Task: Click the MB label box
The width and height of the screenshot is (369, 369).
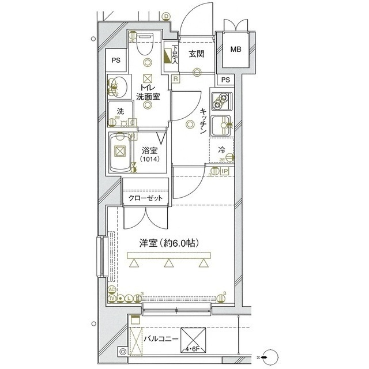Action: tap(235, 50)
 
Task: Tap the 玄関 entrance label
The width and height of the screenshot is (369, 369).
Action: tap(197, 54)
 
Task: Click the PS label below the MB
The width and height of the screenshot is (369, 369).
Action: tap(225, 80)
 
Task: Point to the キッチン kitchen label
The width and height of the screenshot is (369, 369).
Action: tap(203, 122)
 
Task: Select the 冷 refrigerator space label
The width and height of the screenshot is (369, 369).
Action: tap(222, 149)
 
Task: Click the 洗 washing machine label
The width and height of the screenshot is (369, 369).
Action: tap(120, 111)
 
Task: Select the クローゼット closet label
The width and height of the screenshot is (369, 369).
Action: tap(145, 198)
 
